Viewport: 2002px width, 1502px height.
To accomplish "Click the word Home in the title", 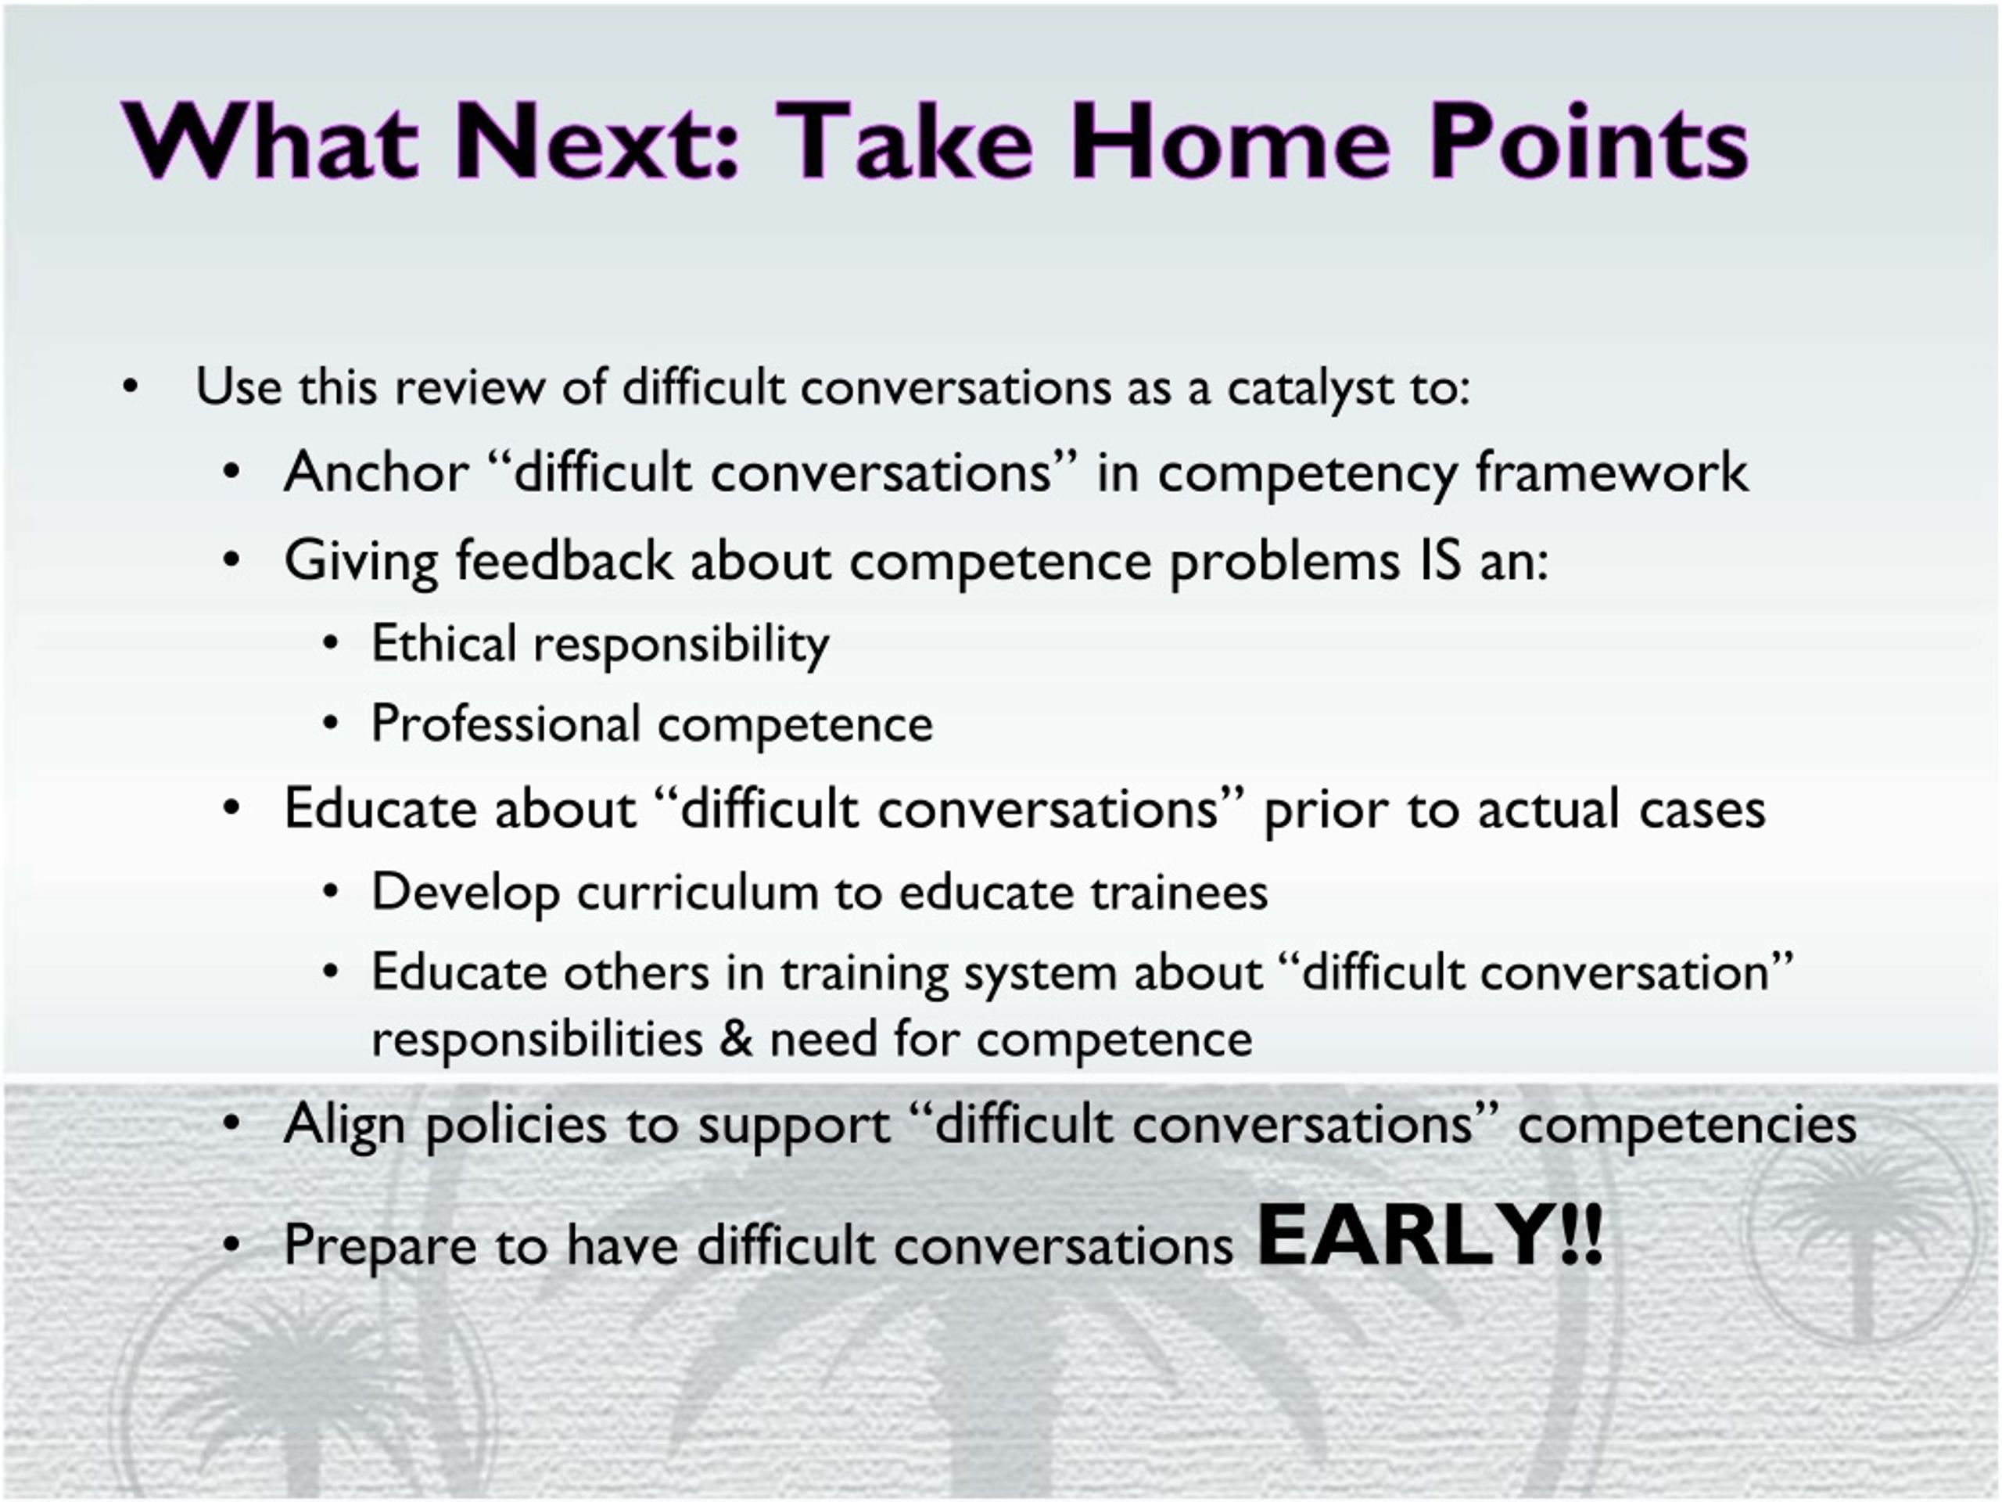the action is tap(1229, 142).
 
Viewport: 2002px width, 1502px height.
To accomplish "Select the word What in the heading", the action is tap(270, 142).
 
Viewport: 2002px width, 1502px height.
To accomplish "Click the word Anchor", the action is tap(376, 472).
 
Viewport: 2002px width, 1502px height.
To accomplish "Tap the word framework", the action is tap(1611, 472).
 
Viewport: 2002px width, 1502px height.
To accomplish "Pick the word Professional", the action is tap(506, 724).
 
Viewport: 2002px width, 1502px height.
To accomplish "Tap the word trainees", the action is tap(1179, 892).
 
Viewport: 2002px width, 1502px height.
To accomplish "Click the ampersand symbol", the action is tap(736, 1037).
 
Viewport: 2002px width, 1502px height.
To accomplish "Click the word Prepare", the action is tap(380, 1245).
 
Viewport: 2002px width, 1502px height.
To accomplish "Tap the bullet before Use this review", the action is tap(131, 387).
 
